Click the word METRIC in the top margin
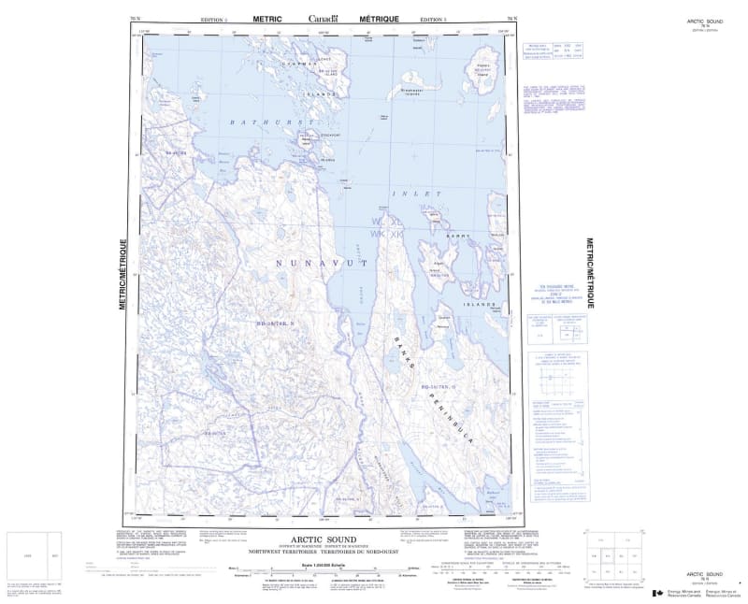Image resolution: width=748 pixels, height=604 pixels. click(267, 19)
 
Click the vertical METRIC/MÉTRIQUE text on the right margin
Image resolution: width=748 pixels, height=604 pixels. click(589, 271)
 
